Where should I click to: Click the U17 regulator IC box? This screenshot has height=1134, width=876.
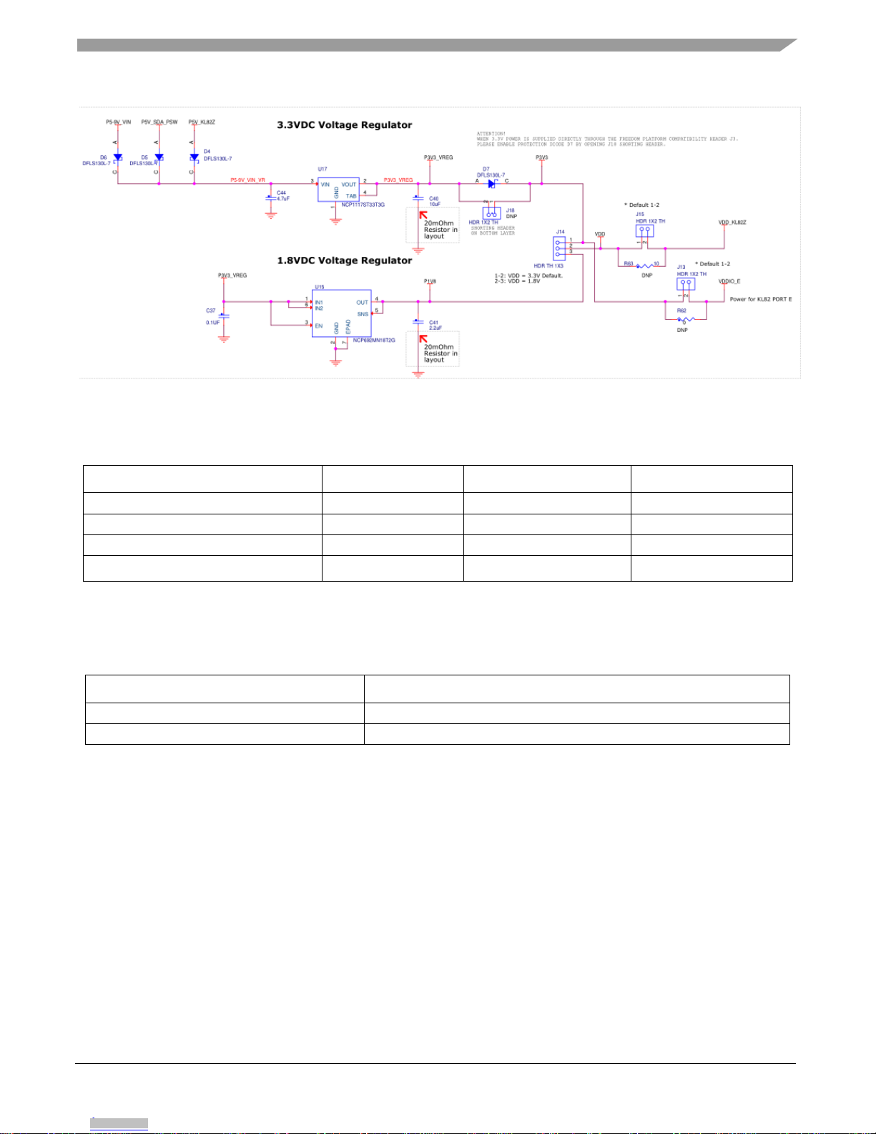tap(338, 190)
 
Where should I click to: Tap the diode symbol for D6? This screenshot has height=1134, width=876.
tap(118, 157)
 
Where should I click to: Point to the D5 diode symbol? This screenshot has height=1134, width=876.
tap(159, 157)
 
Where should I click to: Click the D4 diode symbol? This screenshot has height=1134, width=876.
tap(194, 157)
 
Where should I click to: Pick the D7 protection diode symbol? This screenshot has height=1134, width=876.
tap(492, 184)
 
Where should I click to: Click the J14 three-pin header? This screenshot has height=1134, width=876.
tap(559, 247)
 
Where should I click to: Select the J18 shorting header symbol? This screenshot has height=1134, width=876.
tap(491, 214)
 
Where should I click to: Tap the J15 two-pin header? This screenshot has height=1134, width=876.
tap(644, 231)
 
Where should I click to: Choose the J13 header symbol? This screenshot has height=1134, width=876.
tap(686, 284)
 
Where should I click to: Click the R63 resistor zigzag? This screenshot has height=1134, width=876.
tap(642, 266)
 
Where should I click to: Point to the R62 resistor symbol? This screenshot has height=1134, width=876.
tap(685, 320)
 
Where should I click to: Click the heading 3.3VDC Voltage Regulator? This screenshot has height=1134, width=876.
tap(344, 125)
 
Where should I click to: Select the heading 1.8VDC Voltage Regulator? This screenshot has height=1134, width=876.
tap(344, 260)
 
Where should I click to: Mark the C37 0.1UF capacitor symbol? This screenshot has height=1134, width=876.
tap(224, 316)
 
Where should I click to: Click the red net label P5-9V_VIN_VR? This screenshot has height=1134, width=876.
tap(247, 180)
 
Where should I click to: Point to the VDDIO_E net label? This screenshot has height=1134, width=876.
tap(729, 281)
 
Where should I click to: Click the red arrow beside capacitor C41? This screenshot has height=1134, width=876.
tap(423, 338)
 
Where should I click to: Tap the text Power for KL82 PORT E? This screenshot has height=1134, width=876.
tap(760, 299)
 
